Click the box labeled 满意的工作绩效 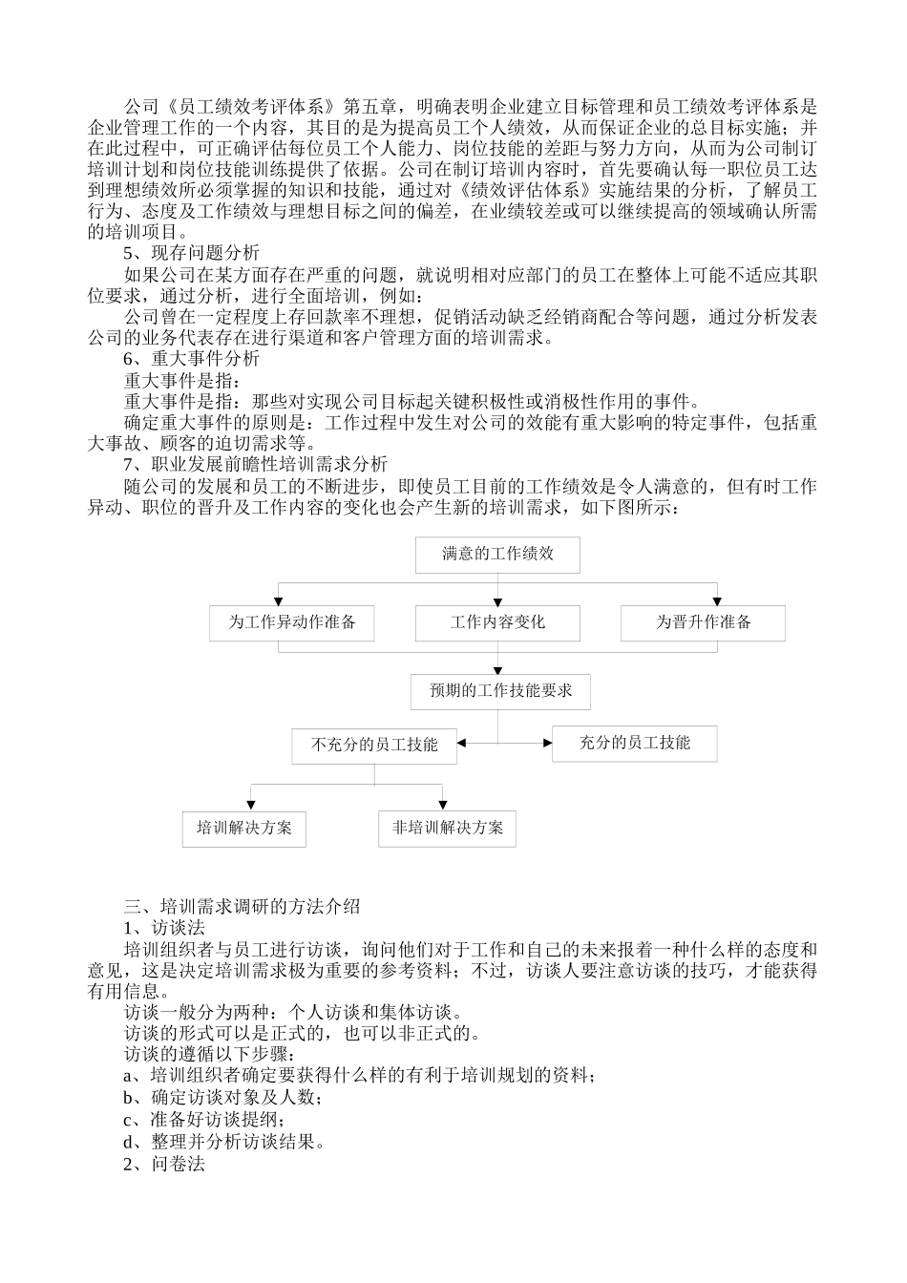pos(497,554)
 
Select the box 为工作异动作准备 pos(291,622)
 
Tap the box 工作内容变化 pos(497,622)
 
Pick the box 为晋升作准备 pos(703,622)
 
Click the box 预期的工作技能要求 pos(500,691)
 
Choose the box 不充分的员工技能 pos(374,745)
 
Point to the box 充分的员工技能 pos(634,743)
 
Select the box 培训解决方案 pos(244,828)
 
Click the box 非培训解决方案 pos(447,828)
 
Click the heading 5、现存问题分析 pos(191,253)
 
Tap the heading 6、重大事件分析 pos(191,359)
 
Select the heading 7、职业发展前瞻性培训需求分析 pos(255,465)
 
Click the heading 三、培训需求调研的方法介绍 pos(243,906)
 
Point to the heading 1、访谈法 pos(163,927)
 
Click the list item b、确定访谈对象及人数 pos(222,1098)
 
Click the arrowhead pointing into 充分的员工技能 pos(547,743)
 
